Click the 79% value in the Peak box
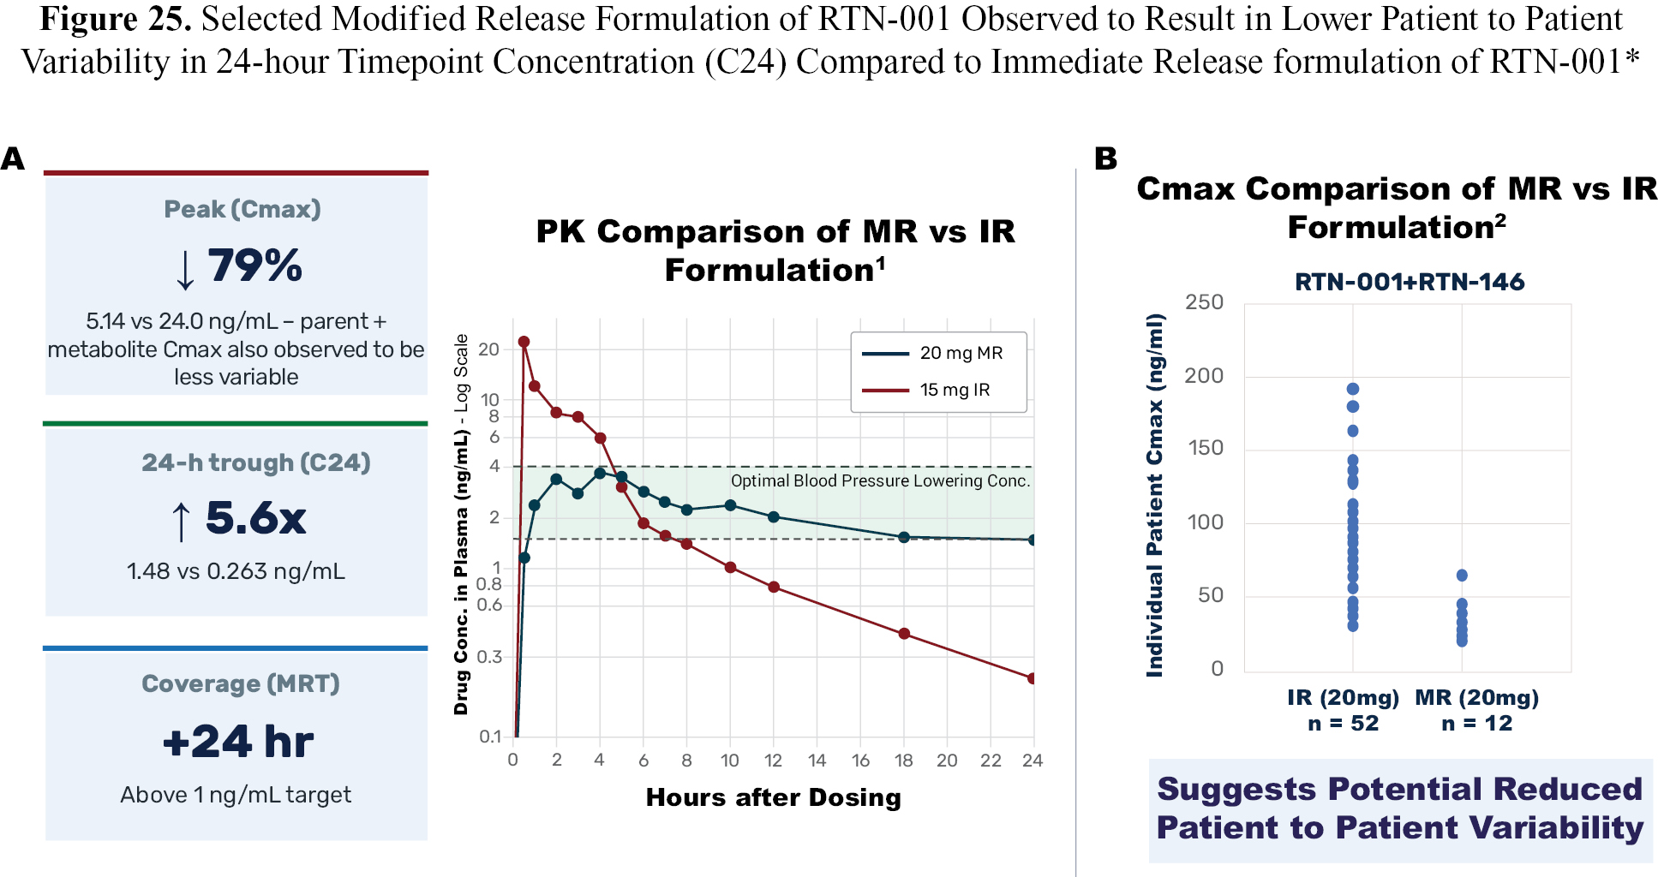254,265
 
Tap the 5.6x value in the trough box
255,518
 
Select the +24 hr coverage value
238,742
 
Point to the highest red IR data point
524,342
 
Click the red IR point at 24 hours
1033,678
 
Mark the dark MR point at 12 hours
774,516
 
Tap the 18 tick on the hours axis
904,761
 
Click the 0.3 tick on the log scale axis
490,657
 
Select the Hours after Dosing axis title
774,797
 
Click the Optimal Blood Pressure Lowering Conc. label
880,480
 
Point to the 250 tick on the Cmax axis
1204,302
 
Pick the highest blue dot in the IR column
1353,389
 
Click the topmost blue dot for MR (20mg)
1462,576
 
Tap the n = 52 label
1344,724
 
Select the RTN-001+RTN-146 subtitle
1410,282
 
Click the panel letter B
1106,158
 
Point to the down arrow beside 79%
185,269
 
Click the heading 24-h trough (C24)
256,462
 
